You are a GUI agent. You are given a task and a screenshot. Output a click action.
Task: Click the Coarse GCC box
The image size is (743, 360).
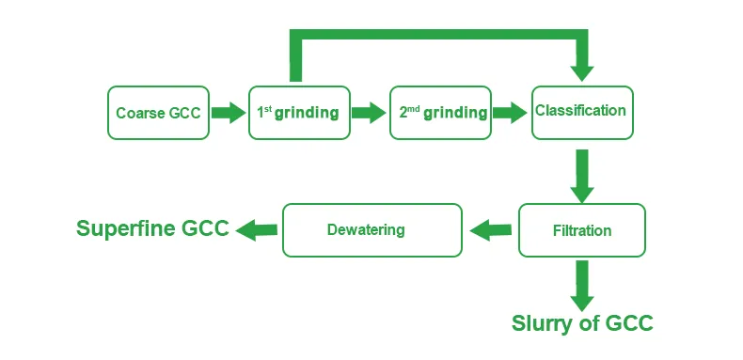[158, 113]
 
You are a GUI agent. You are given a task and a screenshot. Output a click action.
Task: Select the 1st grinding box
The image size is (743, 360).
[298, 113]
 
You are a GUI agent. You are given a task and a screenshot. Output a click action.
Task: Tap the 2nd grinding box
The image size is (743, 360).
[441, 113]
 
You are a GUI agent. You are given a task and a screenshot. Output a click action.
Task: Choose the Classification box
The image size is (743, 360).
[581, 112]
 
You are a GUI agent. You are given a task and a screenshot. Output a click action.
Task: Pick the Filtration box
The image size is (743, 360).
[581, 230]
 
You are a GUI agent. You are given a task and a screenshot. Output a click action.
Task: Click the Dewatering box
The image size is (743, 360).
[372, 229]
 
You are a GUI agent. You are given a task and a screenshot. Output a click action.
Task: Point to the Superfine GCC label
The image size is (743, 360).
[152, 228]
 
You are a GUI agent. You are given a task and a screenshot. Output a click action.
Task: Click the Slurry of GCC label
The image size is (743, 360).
[581, 323]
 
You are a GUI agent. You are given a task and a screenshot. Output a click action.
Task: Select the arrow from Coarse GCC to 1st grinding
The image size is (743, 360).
[228, 113]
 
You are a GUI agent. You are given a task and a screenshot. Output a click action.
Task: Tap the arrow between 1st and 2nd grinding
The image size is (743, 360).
[369, 113]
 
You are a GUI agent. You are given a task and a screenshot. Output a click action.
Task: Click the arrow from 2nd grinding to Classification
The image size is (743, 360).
[511, 113]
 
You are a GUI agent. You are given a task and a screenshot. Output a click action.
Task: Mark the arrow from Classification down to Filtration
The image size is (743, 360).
[582, 175]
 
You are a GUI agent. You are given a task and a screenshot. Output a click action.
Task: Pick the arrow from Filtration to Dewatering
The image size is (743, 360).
[490, 228]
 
